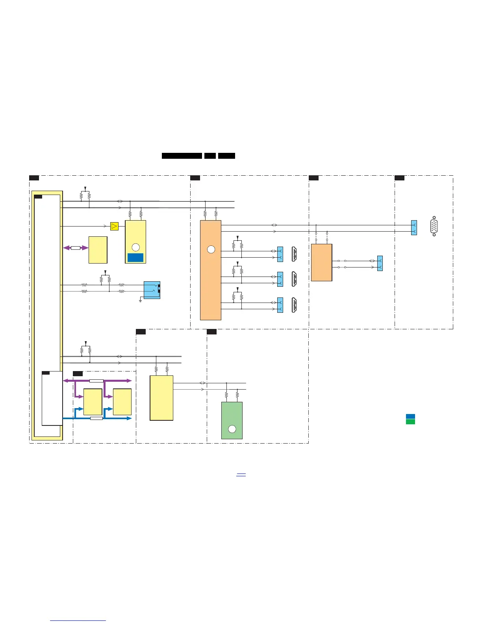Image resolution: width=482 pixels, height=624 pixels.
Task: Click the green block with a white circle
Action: click(232, 420)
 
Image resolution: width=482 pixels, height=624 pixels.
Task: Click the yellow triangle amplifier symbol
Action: click(114, 226)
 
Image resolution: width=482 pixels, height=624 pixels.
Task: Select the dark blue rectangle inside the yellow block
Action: click(135, 258)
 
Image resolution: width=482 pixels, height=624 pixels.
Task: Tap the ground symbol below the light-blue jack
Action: click(141, 301)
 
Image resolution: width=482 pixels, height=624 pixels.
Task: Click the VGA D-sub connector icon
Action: click(434, 226)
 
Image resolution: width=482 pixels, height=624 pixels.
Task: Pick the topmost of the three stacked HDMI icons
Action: click(294, 254)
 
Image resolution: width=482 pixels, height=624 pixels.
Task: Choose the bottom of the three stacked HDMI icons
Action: click(294, 305)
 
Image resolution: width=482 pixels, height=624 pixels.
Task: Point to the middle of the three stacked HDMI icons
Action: click(294, 279)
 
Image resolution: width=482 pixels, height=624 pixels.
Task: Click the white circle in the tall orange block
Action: click(211, 249)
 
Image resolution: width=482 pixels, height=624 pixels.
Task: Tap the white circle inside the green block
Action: click(232, 429)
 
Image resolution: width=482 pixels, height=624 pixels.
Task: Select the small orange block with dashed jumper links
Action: click(321, 262)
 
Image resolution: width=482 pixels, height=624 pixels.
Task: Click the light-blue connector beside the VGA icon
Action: click(413, 228)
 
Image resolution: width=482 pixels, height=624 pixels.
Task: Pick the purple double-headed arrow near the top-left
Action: click(76, 248)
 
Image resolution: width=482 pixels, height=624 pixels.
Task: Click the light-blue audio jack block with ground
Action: click(152, 290)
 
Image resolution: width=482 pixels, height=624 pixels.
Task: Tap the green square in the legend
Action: click(410, 422)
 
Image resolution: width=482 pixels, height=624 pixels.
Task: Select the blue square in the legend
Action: click(410, 416)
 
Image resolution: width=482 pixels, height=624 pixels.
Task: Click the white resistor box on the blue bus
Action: click(96, 418)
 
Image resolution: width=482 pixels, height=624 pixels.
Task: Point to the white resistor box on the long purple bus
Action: click(96, 381)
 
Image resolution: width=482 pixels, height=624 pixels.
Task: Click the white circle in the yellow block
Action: click(135, 247)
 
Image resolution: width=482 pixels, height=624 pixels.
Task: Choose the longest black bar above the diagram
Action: click(182, 156)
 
